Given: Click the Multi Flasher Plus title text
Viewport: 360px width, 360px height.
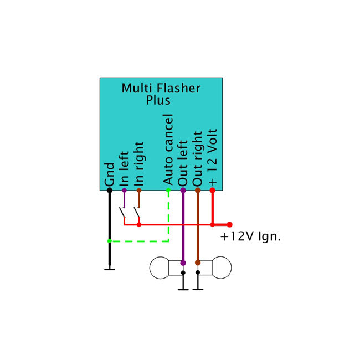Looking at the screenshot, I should (x=161, y=94).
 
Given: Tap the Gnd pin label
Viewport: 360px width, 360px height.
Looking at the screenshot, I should (x=110, y=174).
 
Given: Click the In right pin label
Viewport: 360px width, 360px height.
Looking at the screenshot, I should (x=139, y=164).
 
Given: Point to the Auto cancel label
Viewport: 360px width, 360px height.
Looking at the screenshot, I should (x=168, y=150).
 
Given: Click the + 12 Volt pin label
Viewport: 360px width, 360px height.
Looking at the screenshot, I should (x=213, y=157).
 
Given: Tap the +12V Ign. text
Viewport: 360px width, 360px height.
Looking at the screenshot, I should (x=251, y=236).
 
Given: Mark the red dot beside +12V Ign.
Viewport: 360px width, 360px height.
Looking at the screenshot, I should (x=229, y=224).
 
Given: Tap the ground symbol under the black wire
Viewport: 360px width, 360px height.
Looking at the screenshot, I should (x=110, y=269).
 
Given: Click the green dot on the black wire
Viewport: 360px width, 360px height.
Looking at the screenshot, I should (x=110, y=241).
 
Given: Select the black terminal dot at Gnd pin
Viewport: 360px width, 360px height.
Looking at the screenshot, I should (x=110, y=191).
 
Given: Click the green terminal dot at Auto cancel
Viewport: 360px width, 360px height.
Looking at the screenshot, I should (x=168, y=191).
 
